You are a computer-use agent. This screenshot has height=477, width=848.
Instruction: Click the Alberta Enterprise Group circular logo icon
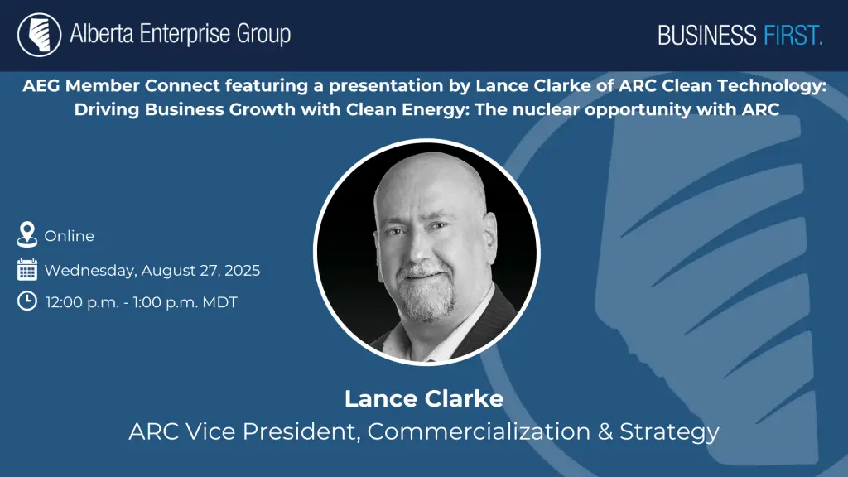click(x=39, y=35)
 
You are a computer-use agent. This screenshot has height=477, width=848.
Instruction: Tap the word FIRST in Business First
click(x=793, y=36)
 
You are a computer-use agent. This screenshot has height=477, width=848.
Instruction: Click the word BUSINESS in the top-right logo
click(x=707, y=36)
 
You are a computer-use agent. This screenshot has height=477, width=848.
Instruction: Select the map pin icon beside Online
click(x=27, y=234)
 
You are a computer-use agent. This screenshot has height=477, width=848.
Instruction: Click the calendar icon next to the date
click(x=27, y=269)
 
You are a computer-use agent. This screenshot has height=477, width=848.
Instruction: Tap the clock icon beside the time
click(x=27, y=301)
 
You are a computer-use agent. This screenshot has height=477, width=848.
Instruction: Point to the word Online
click(x=70, y=236)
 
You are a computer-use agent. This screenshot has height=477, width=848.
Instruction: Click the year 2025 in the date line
click(x=243, y=271)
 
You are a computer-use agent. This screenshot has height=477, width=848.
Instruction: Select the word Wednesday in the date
click(x=90, y=271)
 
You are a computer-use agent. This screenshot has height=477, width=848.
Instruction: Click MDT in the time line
click(x=219, y=302)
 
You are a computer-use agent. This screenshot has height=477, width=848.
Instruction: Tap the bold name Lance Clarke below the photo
click(x=424, y=399)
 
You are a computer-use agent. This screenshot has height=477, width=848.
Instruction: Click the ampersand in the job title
click(x=605, y=431)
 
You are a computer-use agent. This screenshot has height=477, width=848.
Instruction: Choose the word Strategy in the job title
click(x=669, y=432)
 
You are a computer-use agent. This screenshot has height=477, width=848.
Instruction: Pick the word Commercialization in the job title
click(x=479, y=431)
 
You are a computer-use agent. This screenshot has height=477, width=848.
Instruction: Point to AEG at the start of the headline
click(x=41, y=86)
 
